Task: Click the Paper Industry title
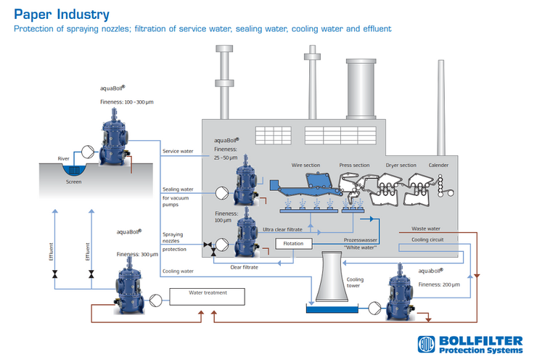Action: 61,14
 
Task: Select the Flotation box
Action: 293,243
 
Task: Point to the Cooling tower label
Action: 355,282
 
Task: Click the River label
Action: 64,157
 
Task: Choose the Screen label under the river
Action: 73,181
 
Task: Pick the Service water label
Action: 178,151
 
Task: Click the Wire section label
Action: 306,165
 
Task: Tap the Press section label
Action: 354,165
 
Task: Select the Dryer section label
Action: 401,165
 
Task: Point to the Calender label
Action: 438,165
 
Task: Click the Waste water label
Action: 426,229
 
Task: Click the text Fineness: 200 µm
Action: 439,284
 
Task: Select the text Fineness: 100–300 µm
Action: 128,102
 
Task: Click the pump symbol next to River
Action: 87,152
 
